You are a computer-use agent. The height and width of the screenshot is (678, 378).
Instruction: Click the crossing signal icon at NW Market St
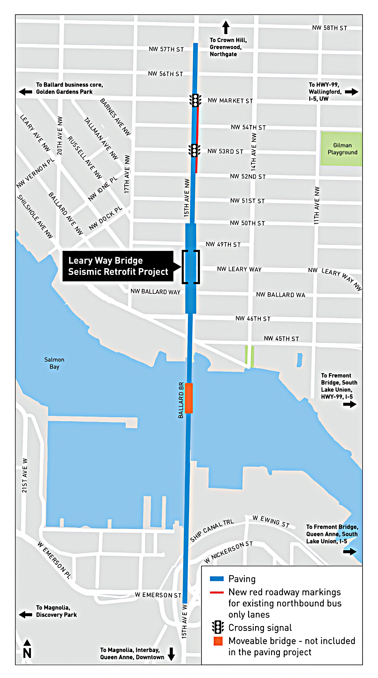[x=195, y=100]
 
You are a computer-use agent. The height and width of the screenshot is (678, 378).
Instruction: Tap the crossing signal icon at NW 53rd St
[x=194, y=151]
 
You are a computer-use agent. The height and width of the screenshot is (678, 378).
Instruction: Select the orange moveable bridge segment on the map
[x=189, y=398]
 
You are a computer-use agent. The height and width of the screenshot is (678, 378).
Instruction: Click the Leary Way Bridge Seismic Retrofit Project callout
[x=118, y=266]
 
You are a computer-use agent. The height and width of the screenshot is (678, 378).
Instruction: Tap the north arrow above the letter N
[x=27, y=643]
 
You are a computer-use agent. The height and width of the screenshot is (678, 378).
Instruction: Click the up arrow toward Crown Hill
[x=226, y=27]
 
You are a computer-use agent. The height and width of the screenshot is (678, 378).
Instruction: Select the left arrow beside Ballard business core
[x=26, y=92]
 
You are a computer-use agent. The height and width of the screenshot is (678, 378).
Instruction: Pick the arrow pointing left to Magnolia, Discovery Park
[x=26, y=615]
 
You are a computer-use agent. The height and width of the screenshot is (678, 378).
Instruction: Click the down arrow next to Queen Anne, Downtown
[x=171, y=654]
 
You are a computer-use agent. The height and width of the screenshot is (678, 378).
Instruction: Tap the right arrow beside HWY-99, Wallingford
[x=351, y=92]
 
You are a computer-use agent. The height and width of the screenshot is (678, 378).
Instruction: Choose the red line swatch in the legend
[x=217, y=592]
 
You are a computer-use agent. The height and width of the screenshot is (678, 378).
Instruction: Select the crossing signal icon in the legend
[x=218, y=627]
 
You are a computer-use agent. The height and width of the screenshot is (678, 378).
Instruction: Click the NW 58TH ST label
[x=329, y=28]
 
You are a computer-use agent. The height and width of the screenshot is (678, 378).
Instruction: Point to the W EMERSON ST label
[x=158, y=595]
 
